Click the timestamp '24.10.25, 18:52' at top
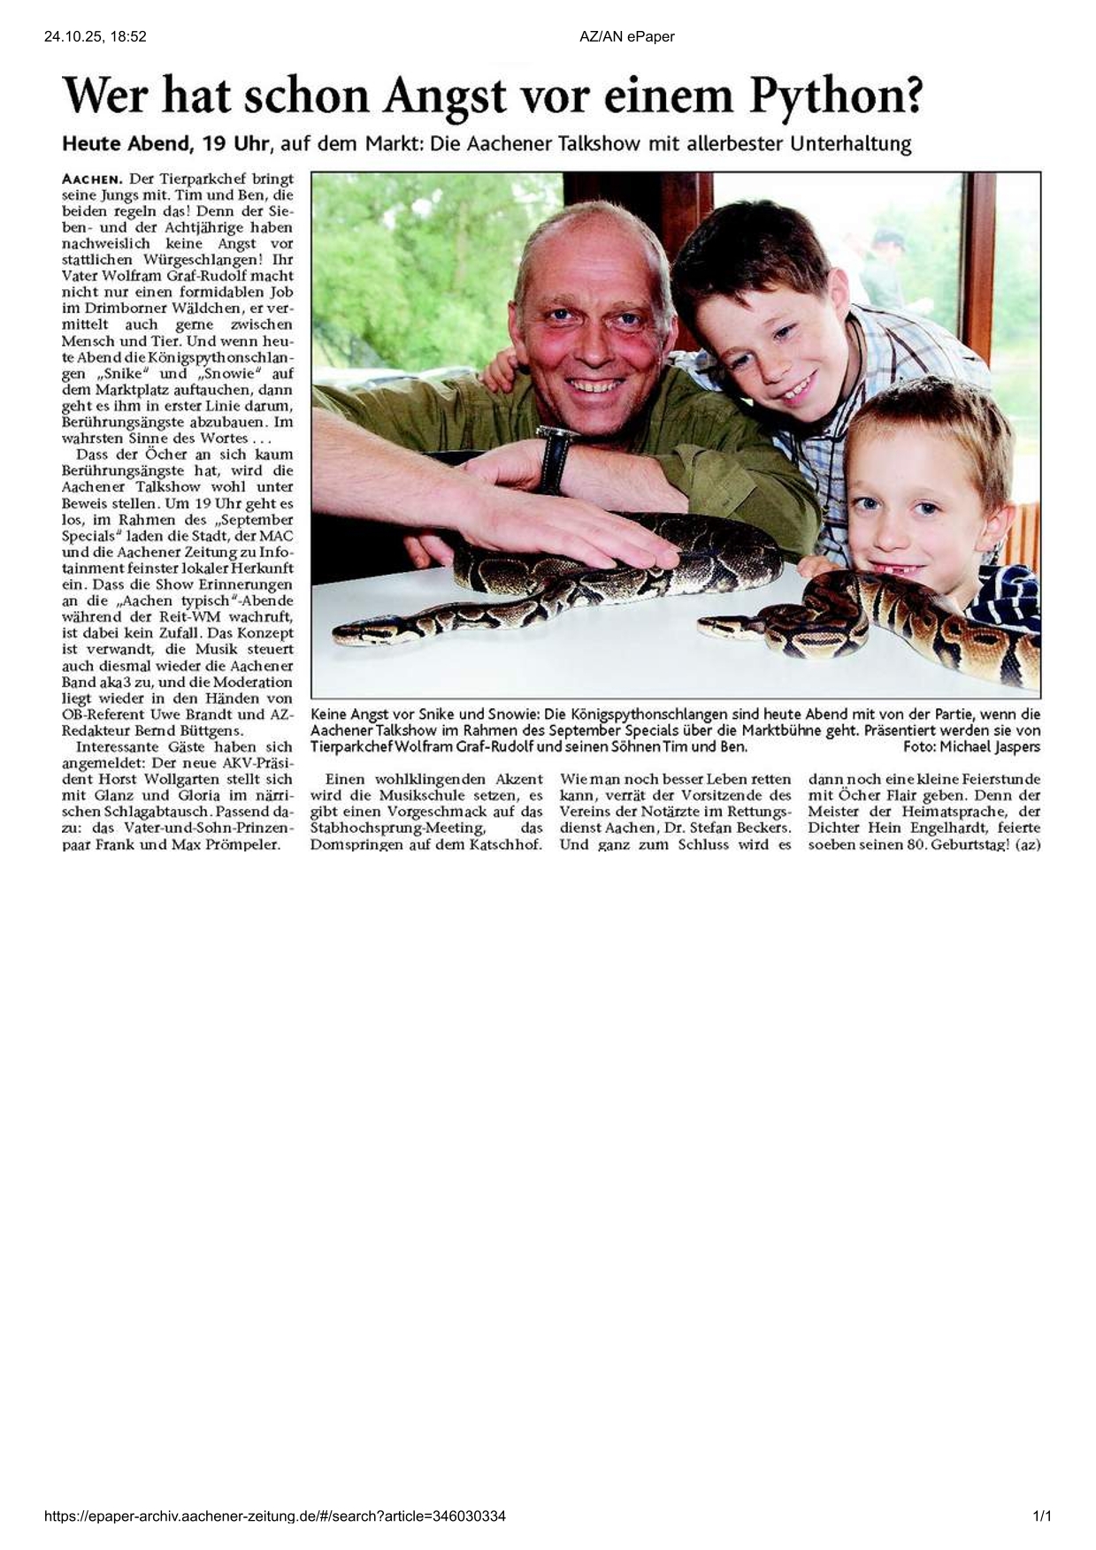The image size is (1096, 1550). tap(95, 36)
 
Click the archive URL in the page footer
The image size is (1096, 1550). tap(275, 1516)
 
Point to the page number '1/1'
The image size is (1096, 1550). tap(1042, 1516)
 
